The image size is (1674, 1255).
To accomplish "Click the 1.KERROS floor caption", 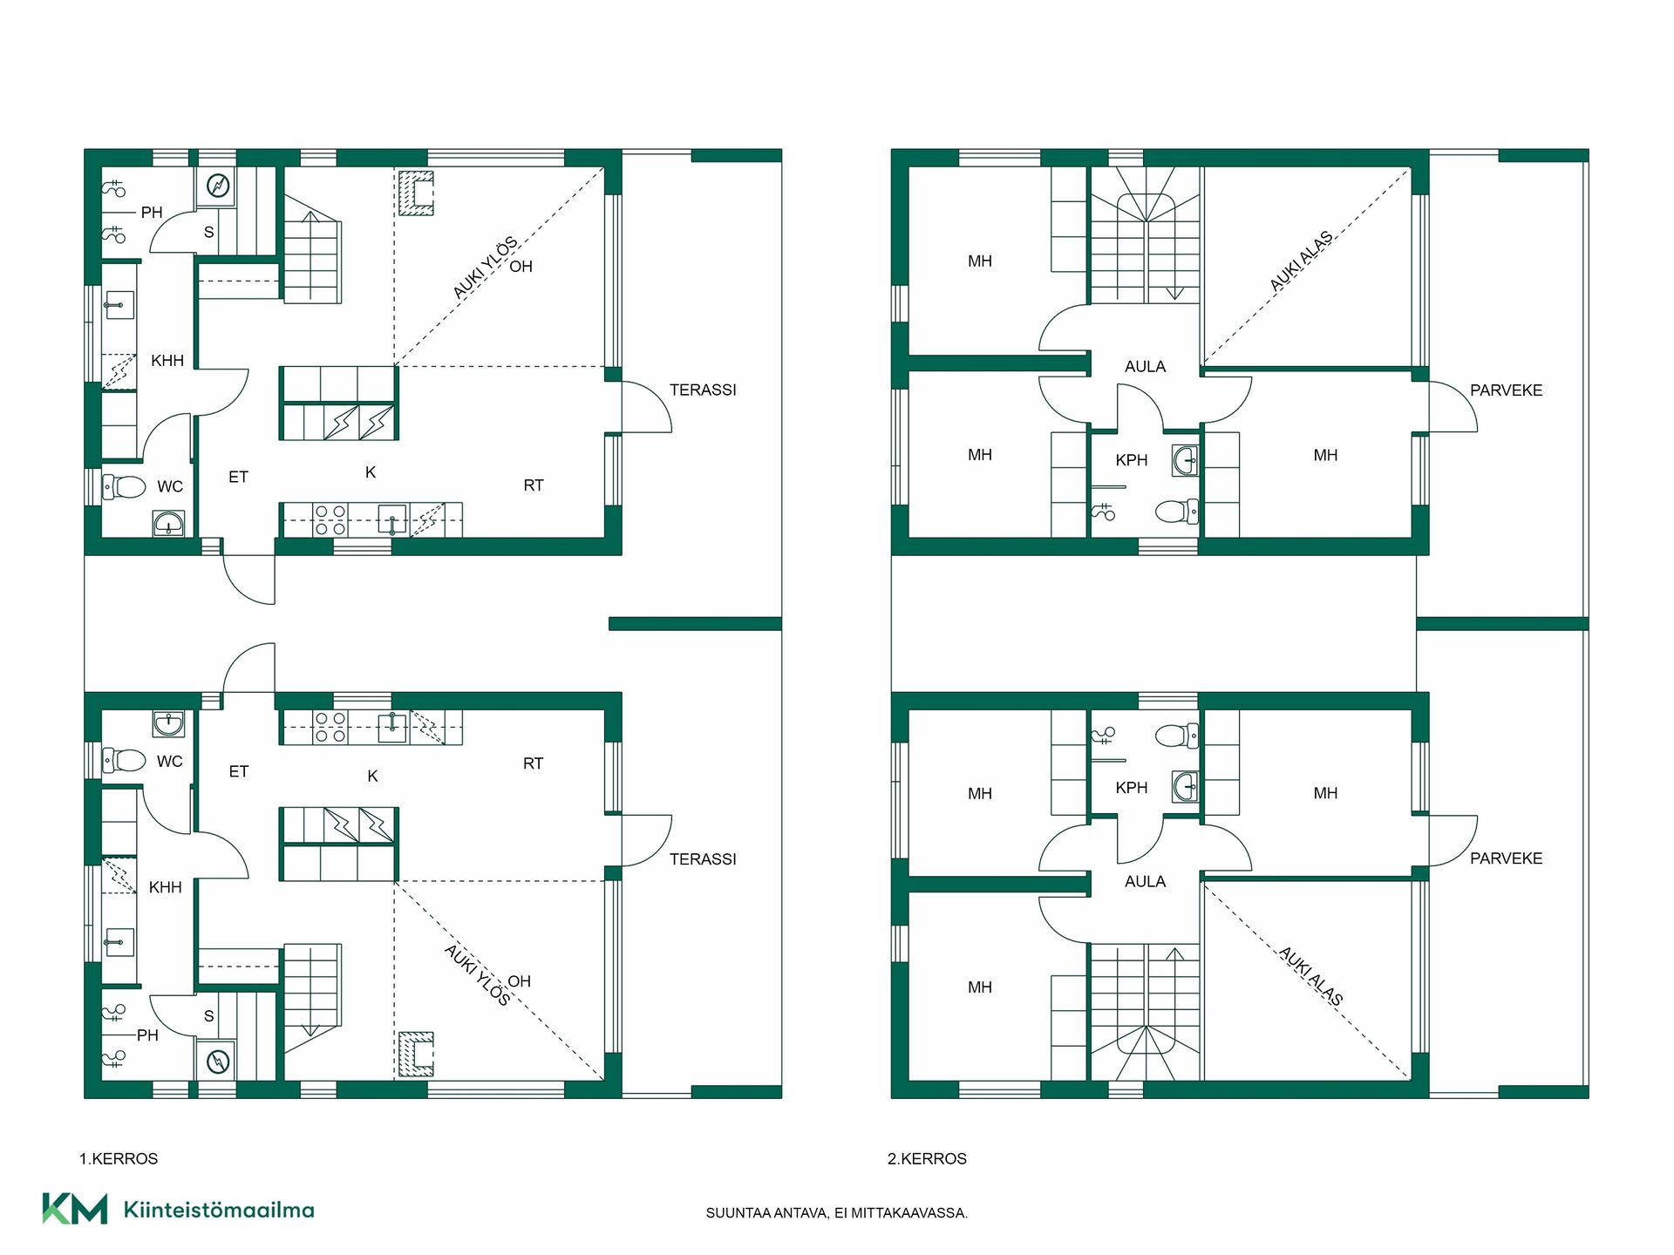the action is point(119,1159).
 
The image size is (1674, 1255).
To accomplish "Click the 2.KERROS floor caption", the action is point(927,1159).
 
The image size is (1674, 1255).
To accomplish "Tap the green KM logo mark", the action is point(75,1209).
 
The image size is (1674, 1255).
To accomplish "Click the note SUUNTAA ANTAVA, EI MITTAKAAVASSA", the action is point(837,1213).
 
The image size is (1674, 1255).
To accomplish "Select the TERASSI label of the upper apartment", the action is point(703,390).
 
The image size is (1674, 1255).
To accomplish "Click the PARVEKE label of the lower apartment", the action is point(1507,858).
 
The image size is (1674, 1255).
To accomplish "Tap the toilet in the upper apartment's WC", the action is point(124,486).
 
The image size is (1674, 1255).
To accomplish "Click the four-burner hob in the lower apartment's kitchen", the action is point(330,727).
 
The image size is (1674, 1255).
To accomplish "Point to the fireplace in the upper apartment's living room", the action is point(416,193).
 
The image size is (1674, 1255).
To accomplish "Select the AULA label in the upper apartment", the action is point(1145,367).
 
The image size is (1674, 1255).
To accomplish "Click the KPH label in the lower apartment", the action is point(1132,788).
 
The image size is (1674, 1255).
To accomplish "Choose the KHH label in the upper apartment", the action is point(167,361).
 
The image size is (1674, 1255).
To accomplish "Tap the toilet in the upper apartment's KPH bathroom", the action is point(1177,511).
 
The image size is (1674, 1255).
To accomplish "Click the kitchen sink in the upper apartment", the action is point(392,519).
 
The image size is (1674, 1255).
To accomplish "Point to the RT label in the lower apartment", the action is point(533,763).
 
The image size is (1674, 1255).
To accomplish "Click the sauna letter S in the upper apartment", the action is point(209,233).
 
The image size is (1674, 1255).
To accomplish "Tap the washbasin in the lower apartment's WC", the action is point(167,723).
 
